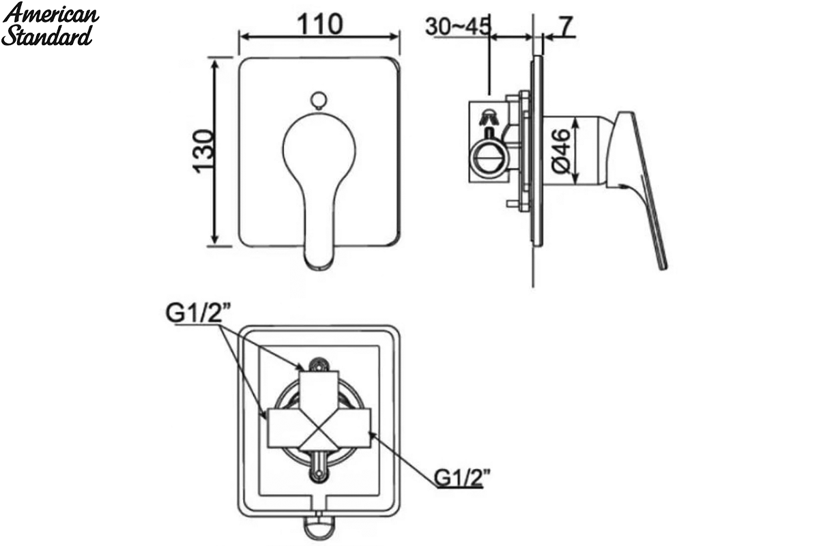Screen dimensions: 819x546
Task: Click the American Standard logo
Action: pos(50,23)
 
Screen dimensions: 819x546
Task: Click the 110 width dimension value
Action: pos(319,25)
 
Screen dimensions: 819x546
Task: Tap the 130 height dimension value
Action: pos(203,151)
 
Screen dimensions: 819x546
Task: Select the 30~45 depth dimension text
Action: pos(457,26)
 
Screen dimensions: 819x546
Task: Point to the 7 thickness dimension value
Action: pos(566,26)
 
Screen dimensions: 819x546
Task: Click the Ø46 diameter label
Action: pos(561,151)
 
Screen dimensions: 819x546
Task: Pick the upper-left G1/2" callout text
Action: pos(199,313)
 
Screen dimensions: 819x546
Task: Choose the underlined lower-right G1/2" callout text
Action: pos(462,477)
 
